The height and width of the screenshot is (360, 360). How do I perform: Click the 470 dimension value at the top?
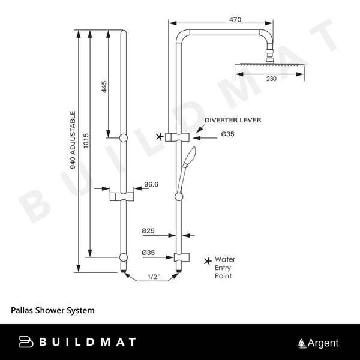[x=236, y=20]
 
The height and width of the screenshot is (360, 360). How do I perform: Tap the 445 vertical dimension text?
[x=104, y=88]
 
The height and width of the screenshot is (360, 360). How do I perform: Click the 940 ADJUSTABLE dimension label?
[x=73, y=139]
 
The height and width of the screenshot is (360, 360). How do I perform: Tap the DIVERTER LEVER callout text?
[x=232, y=120]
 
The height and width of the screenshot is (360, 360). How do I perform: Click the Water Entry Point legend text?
[x=226, y=268]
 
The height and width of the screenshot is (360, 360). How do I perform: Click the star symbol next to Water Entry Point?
[x=207, y=260]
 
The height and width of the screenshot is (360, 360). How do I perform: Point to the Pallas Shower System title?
[x=53, y=311]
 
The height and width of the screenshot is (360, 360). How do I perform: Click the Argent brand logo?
[x=319, y=343]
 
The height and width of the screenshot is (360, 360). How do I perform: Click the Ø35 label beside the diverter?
[x=227, y=134]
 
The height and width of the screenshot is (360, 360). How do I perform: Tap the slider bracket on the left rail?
[x=123, y=195]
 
